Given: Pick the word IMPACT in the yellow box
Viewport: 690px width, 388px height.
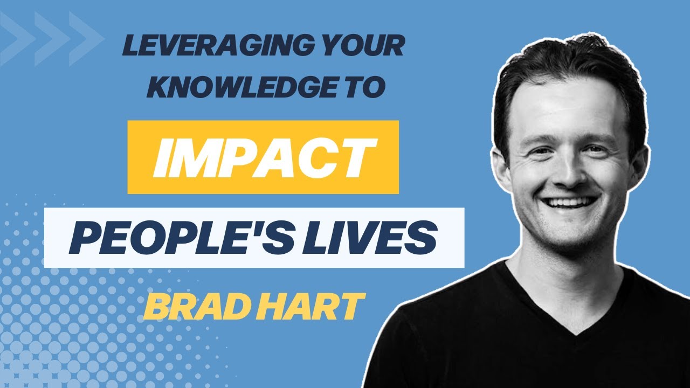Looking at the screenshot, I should [263, 157].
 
